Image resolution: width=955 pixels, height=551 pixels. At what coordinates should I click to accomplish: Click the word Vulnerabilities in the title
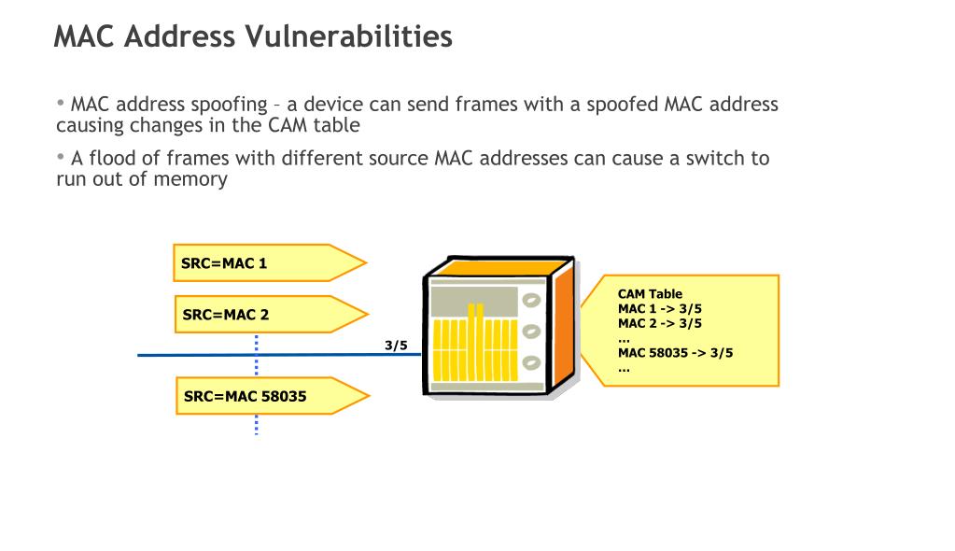[348, 36]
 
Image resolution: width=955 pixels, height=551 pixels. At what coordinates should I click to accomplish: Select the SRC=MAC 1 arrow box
[270, 262]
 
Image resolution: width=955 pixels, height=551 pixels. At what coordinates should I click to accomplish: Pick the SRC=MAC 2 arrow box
[272, 315]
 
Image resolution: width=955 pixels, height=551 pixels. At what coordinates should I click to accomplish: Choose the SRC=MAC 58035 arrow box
[273, 396]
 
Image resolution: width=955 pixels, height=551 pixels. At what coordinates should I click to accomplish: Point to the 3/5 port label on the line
[396, 346]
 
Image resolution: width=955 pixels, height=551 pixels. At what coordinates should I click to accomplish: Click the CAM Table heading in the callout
[650, 294]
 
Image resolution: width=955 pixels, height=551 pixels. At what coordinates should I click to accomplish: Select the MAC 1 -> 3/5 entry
[660, 308]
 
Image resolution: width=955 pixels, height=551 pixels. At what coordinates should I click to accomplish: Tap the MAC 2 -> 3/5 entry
[660, 323]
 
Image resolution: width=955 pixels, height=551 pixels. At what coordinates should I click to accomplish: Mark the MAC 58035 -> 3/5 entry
[676, 352]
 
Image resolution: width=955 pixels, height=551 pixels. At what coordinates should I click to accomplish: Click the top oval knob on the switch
[532, 300]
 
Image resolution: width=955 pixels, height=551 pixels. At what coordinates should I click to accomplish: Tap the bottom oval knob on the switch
[532, 362]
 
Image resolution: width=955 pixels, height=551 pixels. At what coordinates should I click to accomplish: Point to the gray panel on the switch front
[474, 301]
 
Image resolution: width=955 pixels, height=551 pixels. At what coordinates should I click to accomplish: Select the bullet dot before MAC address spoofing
[61, 103]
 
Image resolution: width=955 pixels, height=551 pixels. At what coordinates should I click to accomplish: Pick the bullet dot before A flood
[61, 156]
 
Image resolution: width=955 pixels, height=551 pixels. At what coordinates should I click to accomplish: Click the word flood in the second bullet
[115, 159]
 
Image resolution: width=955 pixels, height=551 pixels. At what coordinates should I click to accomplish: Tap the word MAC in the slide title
[84, 36]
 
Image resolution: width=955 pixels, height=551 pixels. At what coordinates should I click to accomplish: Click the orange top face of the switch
[499, 267]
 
